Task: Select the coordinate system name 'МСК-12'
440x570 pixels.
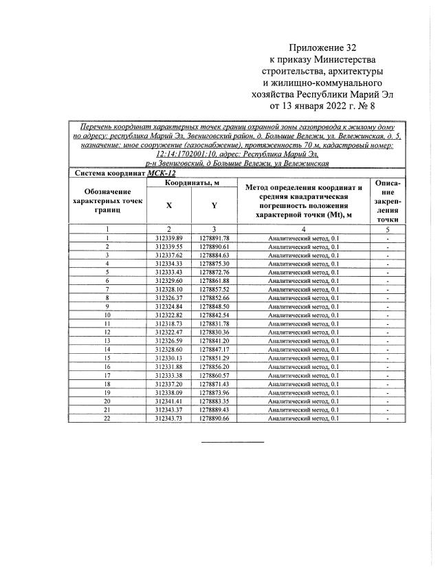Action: [x=157, y=173]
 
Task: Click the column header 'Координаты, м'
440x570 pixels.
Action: [x=192, y=182]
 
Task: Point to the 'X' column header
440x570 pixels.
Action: [x=169, y=204]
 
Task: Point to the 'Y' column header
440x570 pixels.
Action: [x=214, y=204]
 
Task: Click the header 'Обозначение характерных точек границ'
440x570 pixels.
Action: [x=107, y=200]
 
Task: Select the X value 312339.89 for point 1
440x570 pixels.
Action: [x=169, y=237]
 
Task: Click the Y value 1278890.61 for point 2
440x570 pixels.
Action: [x=214, y=246]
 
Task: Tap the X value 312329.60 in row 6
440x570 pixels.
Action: [x=169, y=280]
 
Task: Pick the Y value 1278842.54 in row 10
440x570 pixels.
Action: [x=214, y=315]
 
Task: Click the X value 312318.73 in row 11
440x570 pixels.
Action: [x=169, y=324]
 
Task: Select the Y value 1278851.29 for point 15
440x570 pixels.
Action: [x=214, y=358]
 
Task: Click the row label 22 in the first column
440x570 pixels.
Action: [x=107, y=418]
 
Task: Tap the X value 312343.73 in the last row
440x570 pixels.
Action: [x=169, y=418]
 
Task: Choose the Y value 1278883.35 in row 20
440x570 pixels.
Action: [x=214, y=401]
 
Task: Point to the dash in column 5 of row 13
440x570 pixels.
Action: [x=388, y=341]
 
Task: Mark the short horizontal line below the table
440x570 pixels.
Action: [x=232, y=441]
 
